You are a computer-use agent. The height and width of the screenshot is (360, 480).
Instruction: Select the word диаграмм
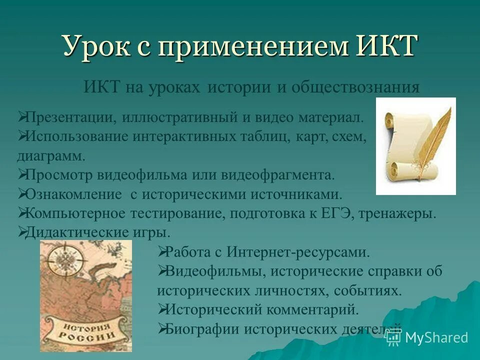pyautogui.click(x=50, y=155)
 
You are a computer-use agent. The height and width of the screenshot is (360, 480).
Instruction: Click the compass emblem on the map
pyautogui.click(x=63, y=263)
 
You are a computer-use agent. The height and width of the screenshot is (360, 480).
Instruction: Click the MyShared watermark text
pyautogui.click(x=436, y=338)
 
